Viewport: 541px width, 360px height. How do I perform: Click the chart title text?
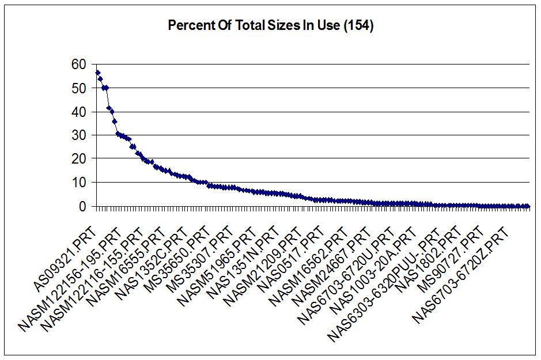coord(270,26)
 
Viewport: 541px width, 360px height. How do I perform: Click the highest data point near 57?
coord(98,73)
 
